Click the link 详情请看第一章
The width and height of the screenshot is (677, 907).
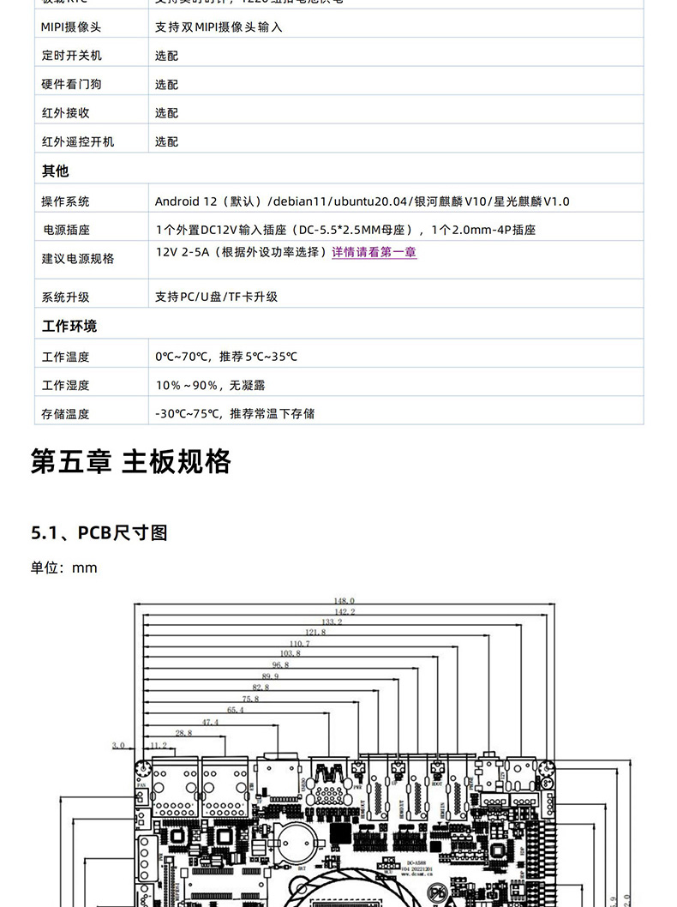point(374,253)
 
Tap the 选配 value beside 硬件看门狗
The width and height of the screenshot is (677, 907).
point(166,85)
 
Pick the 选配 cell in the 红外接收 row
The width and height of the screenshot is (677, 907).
point(166,113)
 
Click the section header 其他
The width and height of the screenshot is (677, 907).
point(56,171)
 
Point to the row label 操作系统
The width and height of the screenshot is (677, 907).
point(65,201)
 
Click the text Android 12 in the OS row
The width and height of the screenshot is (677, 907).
point(186,201)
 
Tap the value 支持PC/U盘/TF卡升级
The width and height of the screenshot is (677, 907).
point(216,297)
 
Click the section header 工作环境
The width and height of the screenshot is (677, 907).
point(69,326)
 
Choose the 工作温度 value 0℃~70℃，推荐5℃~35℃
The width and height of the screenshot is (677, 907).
point(226,356)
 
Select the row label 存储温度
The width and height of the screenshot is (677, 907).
point(65,413)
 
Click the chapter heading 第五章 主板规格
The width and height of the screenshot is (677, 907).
point(131,461)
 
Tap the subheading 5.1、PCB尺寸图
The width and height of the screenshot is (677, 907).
point(99,532)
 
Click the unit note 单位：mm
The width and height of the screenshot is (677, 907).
point(64,568)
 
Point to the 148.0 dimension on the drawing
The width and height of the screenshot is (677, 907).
point(344,601)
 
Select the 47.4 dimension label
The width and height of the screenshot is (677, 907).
point(210,722)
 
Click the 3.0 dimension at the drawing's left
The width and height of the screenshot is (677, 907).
point(118,745)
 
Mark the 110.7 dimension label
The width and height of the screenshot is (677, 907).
point(300,643)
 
